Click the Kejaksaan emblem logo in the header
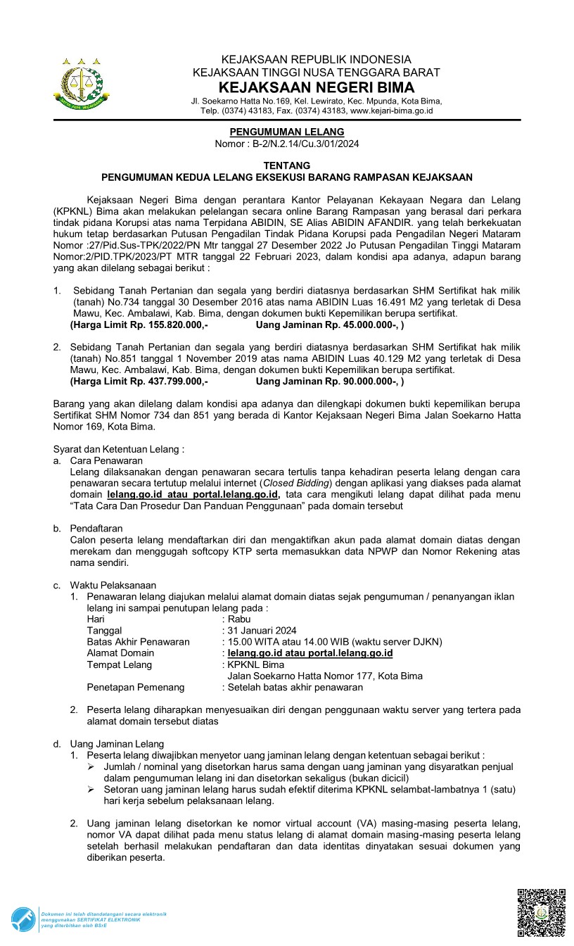click(x=82, y=83)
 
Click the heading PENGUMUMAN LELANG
click(x=287, y=132)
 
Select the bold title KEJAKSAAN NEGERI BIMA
click(x=316, y=87)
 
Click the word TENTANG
click(x=287, y=165)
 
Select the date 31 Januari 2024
click(x=261, y=630)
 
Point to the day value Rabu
click(x=239, y=619)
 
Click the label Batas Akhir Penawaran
click(x=139, y=641)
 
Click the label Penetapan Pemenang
click(x=136, y=687)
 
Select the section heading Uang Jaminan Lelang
click(x=117, y=743)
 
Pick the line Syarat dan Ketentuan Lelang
click(x=119, y=448)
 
